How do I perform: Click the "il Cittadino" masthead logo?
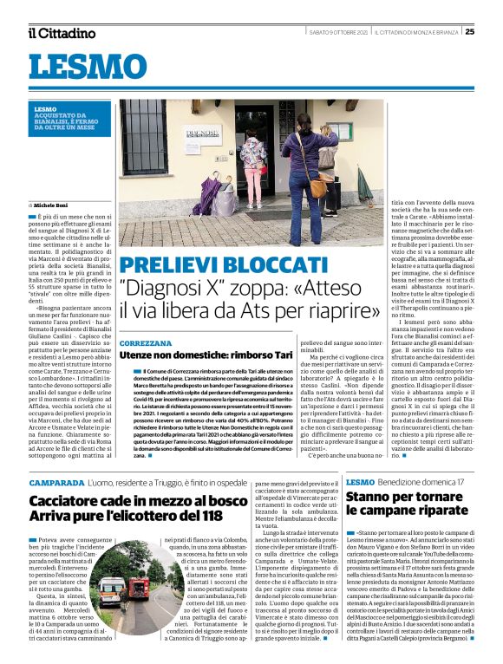click(x=61, y=33)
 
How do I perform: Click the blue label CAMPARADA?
click(x=56, y=481)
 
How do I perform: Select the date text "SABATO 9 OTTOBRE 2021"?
click(x=350, y=32)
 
